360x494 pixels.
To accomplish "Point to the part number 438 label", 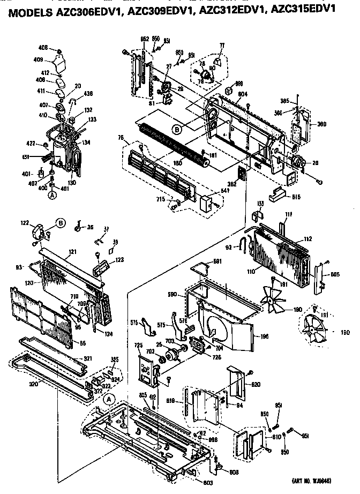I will pos(88,93).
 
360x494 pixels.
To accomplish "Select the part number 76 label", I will pos(121,139).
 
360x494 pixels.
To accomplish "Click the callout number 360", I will pos(322,124).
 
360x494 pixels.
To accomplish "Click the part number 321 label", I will pos(88,358).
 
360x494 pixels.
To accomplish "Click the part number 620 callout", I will pos(255,384).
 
